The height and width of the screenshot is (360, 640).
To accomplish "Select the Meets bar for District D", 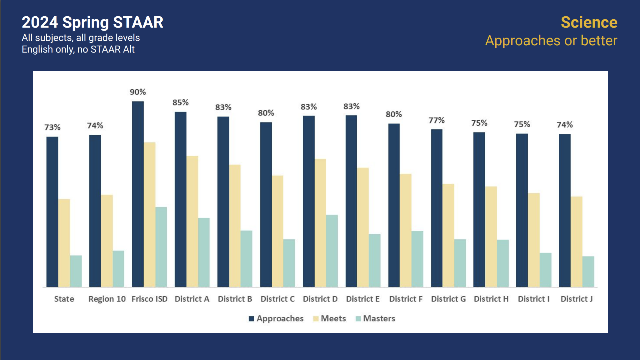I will point(320,223).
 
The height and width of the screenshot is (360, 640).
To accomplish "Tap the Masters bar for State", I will point(76,271).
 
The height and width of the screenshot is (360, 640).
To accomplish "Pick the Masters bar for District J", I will point(588,271).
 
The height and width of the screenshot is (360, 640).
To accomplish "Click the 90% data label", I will point(138,92).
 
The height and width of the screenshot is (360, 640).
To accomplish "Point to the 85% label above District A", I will point(180,102).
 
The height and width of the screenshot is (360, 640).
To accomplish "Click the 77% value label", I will point(436,120).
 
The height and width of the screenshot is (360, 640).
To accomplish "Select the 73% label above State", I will point(52,127).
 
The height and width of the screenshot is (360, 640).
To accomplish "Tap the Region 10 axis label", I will point(107,299).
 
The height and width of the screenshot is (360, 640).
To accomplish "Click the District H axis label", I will point(491,299).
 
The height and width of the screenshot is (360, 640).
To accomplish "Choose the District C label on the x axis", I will point(277,299).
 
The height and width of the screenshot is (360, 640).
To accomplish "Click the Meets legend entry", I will point(333,318).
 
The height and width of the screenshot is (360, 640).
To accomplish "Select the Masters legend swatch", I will point(358,319).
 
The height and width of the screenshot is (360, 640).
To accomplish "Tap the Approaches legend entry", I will point(280,318).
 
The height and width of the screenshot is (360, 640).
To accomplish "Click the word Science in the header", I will point(589,22).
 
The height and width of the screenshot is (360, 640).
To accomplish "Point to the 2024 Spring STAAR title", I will point(92,22).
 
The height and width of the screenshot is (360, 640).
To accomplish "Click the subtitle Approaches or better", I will point(551,41).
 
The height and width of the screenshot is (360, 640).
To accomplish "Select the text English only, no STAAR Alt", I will point(78,49).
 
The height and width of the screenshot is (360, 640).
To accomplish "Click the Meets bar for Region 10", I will point(107,241).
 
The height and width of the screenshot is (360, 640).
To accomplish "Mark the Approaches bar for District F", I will point(394,205).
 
